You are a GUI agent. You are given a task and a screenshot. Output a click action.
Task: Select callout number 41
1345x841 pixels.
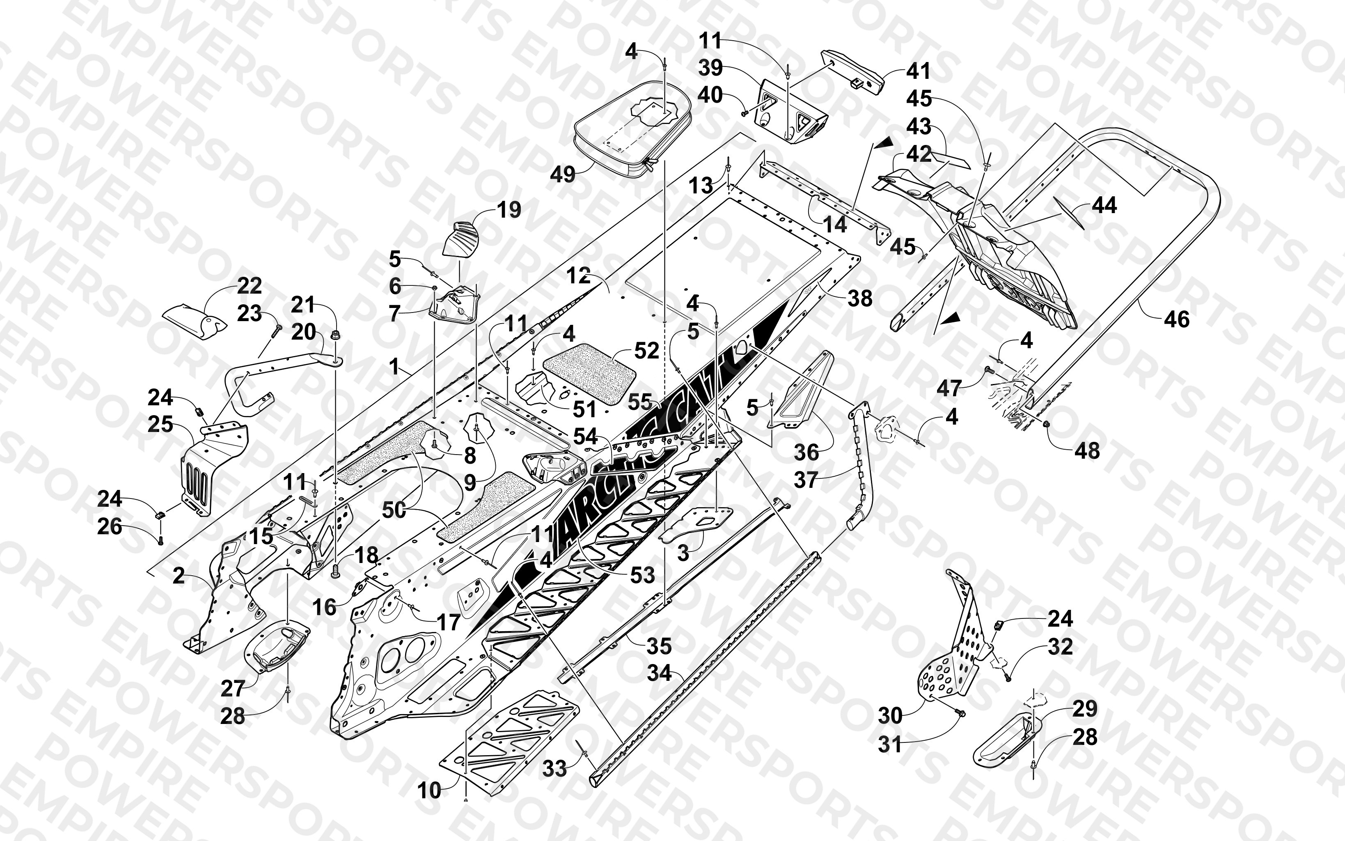pyautogui.click(x=918, y=71)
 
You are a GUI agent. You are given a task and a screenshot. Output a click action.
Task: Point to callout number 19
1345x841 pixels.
pyautogui.click(x=509, y=210)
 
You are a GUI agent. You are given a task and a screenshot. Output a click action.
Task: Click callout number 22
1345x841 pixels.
pyautogui.click(x=249, y=286)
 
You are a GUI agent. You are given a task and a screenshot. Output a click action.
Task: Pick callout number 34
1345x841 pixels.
pyautogui.click(x=660, y=673)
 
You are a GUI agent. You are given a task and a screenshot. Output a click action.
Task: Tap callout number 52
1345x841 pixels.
pyautogui.click(x=646, y=350)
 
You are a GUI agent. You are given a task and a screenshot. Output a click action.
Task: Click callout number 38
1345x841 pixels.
pyautogui.click(x=860, y=299)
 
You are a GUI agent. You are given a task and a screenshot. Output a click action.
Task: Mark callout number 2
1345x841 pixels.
pyautogui.click(x=179, y=576)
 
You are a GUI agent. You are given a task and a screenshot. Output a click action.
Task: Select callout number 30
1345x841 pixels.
pyautogui.click(x=890, y=716)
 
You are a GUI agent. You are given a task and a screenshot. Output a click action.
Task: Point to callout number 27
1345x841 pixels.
pyautogui.click(x=233, y=689)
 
